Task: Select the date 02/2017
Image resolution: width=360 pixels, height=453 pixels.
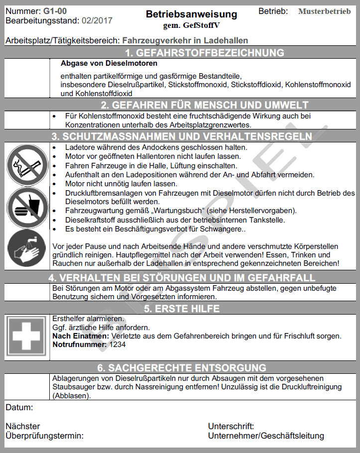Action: point(96,20)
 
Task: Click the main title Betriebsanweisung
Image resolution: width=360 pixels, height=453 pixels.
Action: point(191,14)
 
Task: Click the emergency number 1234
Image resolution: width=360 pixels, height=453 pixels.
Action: point(118,344)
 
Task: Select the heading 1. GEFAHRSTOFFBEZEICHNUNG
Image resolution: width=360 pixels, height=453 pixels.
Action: point(204,53)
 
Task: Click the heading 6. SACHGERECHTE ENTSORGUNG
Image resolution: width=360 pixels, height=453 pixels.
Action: point(182,368)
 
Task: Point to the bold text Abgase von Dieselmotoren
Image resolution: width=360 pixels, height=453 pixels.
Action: point(109,64)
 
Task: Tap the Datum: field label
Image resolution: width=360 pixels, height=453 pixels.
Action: point(19,408)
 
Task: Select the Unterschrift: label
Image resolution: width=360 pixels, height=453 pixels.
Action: point(231,426)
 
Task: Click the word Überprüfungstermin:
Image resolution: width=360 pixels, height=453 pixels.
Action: point(44,436)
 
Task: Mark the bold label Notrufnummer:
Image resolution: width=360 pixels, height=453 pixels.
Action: point(80,344)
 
